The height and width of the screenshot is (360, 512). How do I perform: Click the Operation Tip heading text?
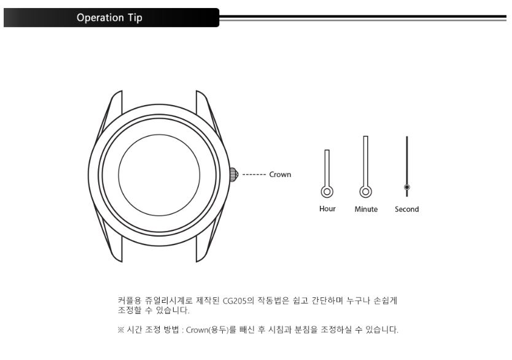[x=109, y=18]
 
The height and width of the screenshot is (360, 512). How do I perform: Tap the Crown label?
[x=280, y=174]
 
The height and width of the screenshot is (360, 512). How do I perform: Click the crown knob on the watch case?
[x=234, y=174]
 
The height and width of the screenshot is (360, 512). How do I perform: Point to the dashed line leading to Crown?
[x=254, y=174]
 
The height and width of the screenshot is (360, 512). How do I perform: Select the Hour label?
[x=327, y=209]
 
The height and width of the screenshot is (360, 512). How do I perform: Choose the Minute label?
[x=366, y=209]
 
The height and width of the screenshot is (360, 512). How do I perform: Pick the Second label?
[x=406, y=209]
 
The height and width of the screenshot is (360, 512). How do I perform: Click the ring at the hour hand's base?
[x=327, y=192]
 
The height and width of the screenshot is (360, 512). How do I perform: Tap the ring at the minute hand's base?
[x=366, y=192]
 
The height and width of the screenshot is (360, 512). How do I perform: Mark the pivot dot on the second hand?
[x=407, y=187]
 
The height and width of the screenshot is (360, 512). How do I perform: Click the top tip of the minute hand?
[x=366, y=136]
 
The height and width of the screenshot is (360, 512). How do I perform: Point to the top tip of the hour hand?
[x=327, y=151]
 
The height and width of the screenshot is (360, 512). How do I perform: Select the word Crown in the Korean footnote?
[x=197, y=330]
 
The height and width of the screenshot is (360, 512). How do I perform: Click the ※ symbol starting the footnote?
[x=120, y=330]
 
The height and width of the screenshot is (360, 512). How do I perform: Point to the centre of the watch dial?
[x=159, y=174]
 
